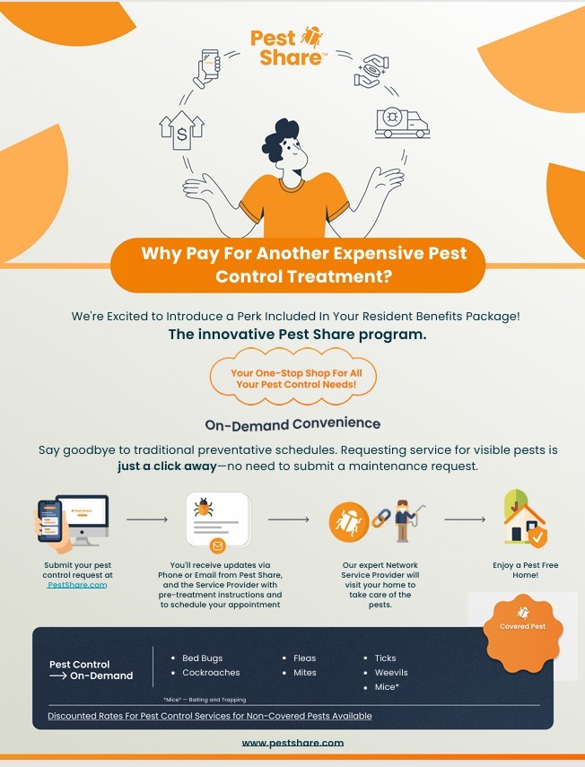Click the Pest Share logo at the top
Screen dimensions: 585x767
287,47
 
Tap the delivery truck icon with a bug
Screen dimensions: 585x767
402,122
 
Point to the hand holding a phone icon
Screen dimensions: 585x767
207,68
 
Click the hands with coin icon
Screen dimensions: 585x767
371,71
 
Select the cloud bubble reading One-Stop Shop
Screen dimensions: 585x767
293,377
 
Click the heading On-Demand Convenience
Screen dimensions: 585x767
292,424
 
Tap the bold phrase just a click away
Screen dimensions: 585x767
167,466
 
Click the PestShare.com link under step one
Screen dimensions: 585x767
77,585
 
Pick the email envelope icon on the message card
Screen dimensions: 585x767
217,545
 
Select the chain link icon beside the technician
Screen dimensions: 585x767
380,518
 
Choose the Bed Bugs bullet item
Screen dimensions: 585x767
197,658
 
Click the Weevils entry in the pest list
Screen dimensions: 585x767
386,673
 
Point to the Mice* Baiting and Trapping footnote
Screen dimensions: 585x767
205,700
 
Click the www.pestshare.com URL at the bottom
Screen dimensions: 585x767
292,743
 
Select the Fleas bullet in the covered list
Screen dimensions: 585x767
300,658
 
